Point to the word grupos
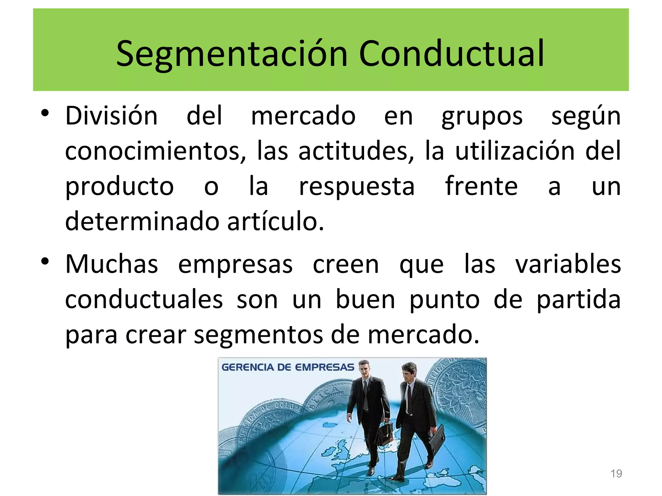click(x=482, y=117)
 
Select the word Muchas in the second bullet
click(x=112, y=264)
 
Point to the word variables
click(x=568, y=264)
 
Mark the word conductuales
click(x=144, y=300)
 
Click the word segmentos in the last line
click(x=258, y=335)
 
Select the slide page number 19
click(x=616, y=474)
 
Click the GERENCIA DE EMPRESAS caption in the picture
click(x=288, y=367)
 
